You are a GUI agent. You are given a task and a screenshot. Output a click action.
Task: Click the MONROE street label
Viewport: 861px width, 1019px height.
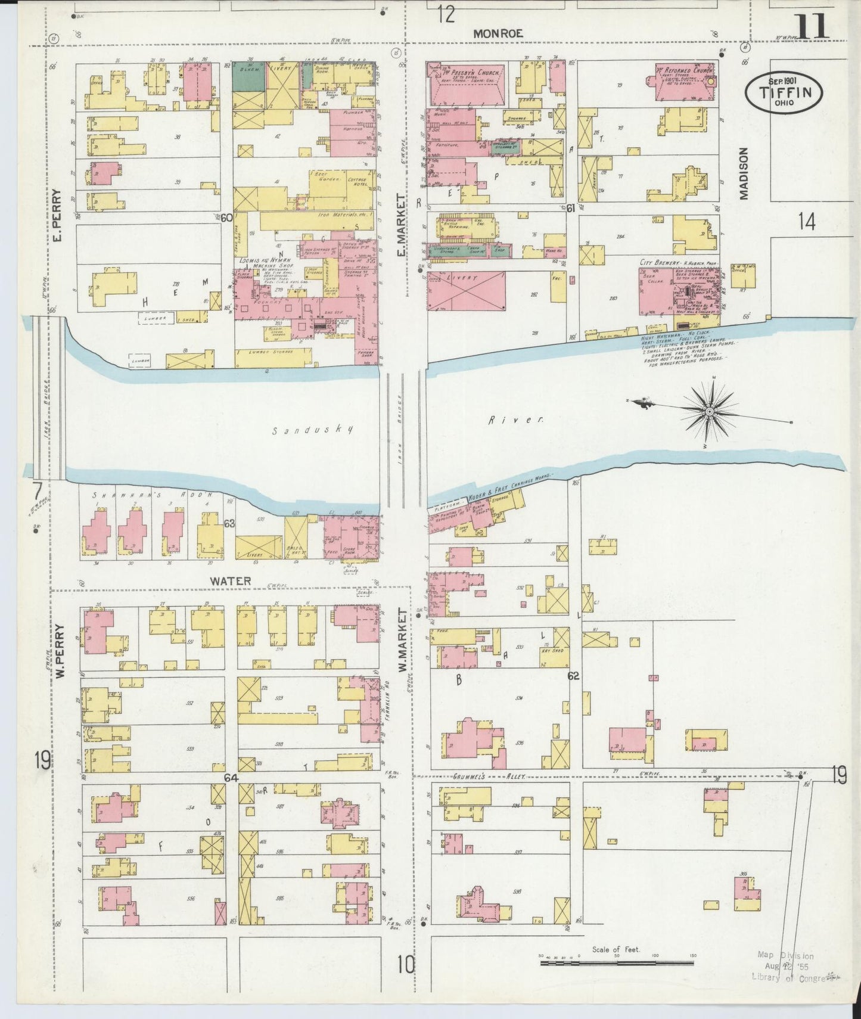498,33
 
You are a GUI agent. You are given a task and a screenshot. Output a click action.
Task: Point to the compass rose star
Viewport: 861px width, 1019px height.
710,411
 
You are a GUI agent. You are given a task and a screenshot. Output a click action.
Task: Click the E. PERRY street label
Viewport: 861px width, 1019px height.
57,216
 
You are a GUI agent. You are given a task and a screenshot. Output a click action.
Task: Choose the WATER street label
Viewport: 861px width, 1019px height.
230,580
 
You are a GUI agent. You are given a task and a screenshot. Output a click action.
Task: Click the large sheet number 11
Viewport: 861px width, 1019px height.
812,27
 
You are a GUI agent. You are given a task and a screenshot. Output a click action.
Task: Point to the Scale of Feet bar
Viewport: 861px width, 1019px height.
616,962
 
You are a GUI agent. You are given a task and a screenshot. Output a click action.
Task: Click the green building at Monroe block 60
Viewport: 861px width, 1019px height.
248,76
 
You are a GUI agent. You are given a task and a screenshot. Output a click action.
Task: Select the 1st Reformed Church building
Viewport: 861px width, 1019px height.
685,82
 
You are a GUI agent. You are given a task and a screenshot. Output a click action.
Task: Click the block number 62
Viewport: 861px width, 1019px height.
574,676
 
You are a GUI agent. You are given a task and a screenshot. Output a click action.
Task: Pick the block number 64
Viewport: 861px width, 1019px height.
231,778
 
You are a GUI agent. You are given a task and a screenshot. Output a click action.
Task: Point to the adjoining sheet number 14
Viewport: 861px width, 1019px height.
806,222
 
